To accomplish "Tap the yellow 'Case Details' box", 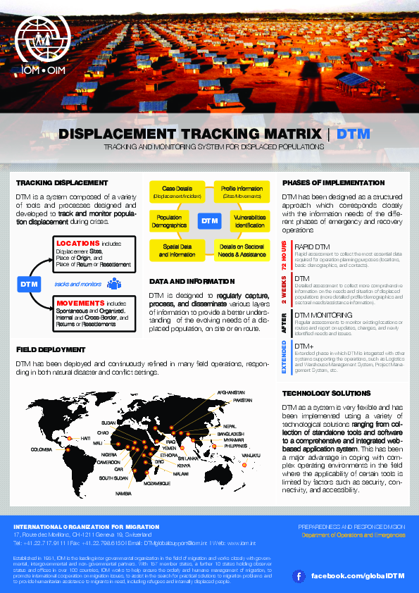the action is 177,192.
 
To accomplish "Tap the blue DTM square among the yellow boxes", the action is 210,221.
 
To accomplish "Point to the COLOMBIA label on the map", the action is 42,449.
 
